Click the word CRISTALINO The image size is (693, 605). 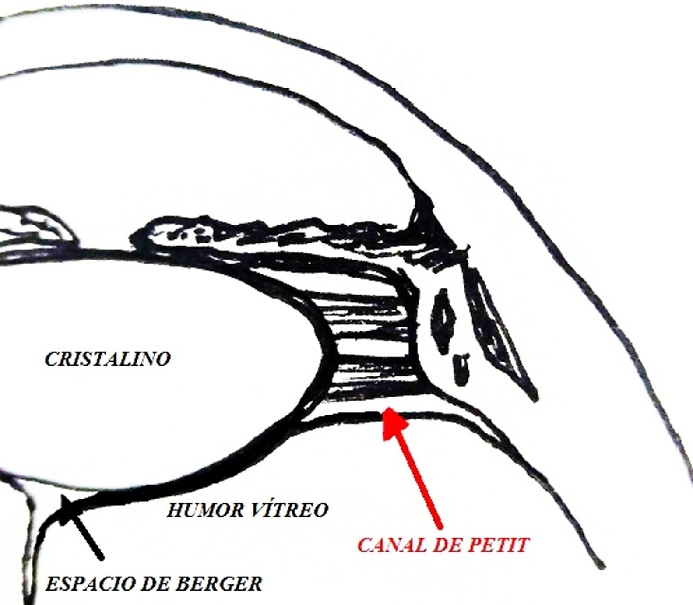107,359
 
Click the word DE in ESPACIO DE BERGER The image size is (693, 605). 167,584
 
